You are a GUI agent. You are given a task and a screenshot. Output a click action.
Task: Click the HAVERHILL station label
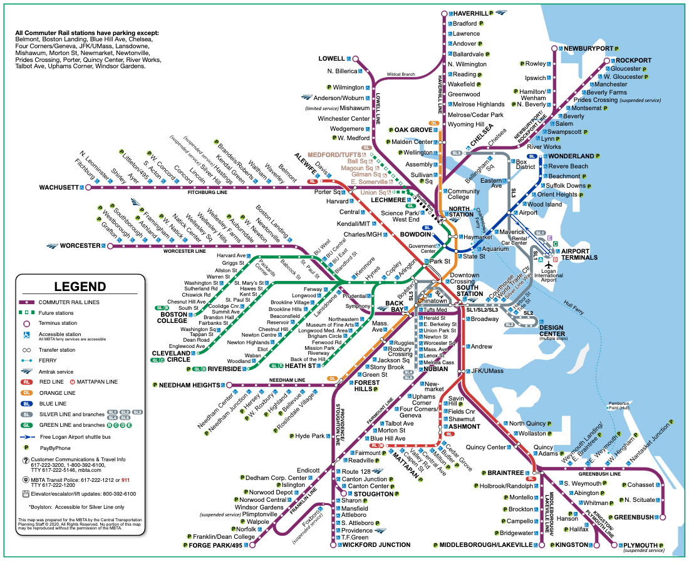470,13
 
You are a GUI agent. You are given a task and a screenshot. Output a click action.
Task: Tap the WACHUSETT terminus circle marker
88,187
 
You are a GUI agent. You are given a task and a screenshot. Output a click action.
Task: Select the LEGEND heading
80,287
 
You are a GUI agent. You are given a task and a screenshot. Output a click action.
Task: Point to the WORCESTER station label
81,245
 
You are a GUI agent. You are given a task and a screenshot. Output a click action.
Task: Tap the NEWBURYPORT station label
588,48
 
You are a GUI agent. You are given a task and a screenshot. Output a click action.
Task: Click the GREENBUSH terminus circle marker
663,517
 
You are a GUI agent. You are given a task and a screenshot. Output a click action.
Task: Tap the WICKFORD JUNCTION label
376,544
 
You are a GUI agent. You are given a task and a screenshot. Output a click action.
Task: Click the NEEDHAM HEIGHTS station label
186,384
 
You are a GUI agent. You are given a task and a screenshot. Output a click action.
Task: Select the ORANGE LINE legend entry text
58,393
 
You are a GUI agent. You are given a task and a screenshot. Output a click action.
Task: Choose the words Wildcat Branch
401,74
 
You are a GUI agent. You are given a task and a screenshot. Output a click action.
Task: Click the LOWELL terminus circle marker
356,59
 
